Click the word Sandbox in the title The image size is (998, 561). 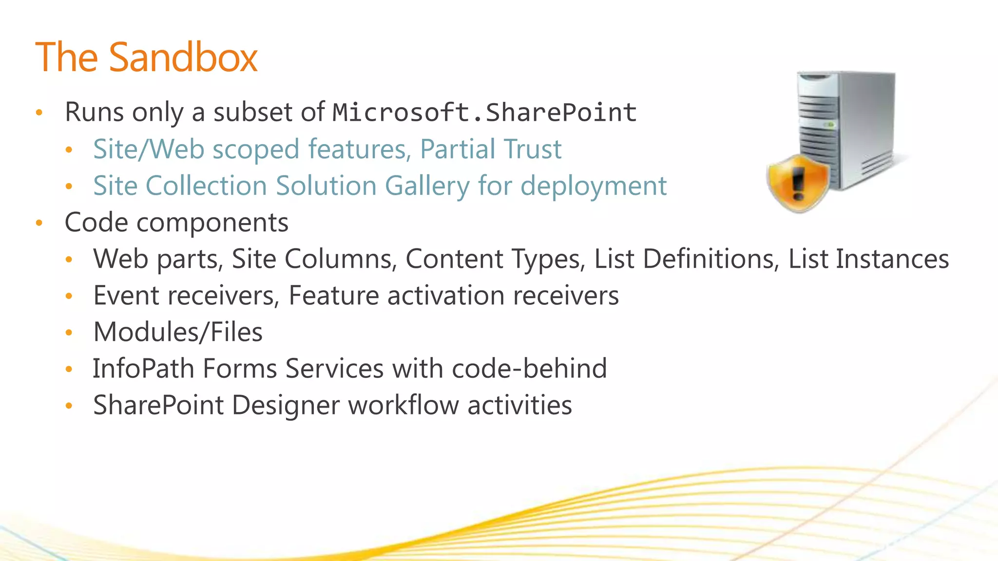pos(183,57)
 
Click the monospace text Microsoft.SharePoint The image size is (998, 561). pos(484,112)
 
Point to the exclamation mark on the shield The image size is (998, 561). pos(798,183)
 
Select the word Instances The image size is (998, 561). pos(892,259)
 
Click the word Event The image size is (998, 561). pos(126,296)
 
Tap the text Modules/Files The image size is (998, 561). pos(178,332)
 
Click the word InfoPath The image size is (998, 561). pos(143,369)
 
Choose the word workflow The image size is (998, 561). pos(403,405)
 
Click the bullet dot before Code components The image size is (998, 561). pos(39,223)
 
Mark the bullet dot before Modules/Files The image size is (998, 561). pos(69,333)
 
